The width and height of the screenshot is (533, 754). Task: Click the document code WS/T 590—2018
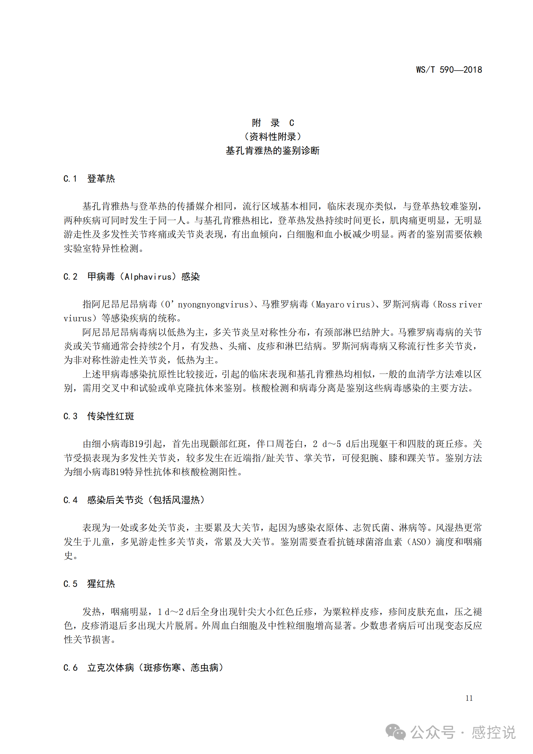(x=449, y=70)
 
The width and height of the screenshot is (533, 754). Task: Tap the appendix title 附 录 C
(x=272, y=123)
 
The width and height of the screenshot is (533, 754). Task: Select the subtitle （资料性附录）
(x=272, y=137)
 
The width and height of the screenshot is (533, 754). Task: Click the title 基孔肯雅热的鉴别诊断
(x=272, y=151)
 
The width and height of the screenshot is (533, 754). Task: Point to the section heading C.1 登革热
(x=89, y=179)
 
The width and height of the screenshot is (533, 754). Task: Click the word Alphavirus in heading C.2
(x=148, y=277)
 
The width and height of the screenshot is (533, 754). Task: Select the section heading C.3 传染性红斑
(x=99, y=416)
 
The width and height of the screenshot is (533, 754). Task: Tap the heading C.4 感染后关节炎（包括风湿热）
(x=134, y=500)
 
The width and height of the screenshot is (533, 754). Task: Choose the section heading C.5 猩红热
(x=89, y=584)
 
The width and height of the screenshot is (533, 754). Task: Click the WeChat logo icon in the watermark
(x=395, y=732)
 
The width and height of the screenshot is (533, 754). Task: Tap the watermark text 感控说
(x=493, y=732)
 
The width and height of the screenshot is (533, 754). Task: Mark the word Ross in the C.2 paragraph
(x=447, y=305)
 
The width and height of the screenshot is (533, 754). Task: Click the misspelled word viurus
(x=77, y=318)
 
